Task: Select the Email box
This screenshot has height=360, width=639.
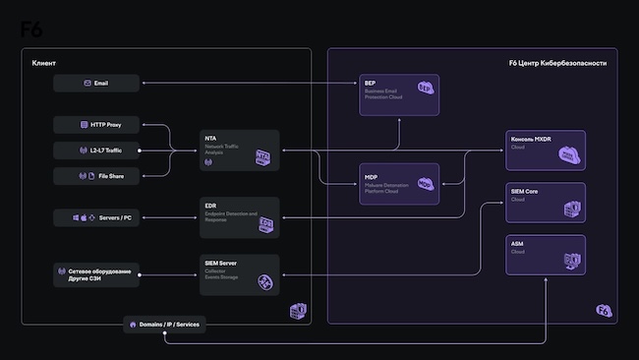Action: [96, 84]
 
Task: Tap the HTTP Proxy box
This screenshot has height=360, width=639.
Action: [96, 125]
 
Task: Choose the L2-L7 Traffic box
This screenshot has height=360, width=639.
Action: [96, 150]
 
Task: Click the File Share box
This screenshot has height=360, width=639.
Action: [96, 175]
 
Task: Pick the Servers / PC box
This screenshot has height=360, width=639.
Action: [96, 217]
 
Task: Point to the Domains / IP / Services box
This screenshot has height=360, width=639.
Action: [164, 325]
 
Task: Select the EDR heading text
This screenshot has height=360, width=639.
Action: [210, 206]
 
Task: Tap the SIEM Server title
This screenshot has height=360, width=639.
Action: [221, 264]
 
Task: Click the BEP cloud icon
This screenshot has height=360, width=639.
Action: [425, 89]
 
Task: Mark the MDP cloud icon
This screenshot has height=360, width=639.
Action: [425, 183]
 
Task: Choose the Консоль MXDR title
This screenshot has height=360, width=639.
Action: [532, 139]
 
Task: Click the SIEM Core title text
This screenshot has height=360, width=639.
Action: [525, 191]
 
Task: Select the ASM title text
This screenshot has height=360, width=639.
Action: [517, 243]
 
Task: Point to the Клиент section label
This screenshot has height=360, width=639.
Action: [43, 63]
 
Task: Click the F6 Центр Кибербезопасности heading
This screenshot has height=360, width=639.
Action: [557, 63]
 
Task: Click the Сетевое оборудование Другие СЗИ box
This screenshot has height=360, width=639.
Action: [96, 273]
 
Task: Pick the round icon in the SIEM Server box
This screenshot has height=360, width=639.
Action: [264, 281]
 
